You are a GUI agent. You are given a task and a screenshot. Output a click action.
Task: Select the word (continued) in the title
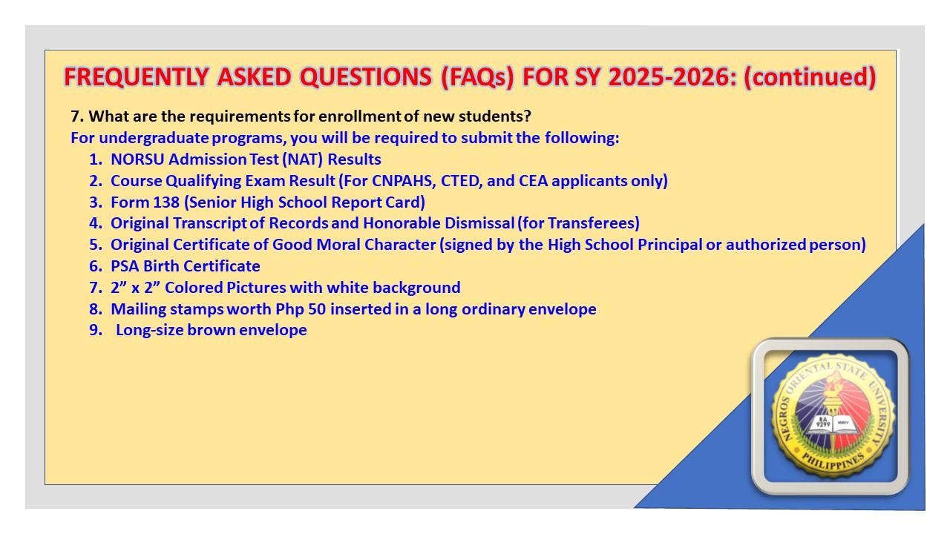[x=810, y=78]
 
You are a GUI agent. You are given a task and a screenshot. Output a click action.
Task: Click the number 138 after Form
[x=166, y=202]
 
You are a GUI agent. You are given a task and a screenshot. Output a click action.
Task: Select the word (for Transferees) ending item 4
[x=578, y=223]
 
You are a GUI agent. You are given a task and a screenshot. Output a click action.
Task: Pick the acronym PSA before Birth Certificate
[x=125, y=266]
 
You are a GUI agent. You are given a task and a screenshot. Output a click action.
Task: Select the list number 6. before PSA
[x=96, y=266]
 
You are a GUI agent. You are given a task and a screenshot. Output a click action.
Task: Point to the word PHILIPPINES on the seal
[x=833, y=461]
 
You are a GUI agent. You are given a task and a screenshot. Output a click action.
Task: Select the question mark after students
[x=527, y=116]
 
